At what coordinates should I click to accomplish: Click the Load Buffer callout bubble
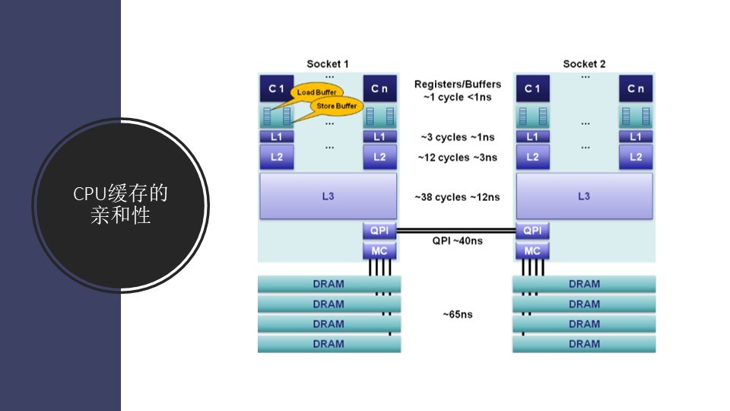(x=316, y=92)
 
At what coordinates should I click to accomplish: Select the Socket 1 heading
(x=328, y=64)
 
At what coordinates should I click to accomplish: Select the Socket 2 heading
(x=584, y=64)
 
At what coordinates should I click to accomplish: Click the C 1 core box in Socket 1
(x=276, y=88)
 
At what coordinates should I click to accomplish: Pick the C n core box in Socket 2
(x=636, y=88)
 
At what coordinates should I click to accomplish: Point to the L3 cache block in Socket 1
(x=328, y=196)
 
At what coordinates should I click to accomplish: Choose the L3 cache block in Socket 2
(x=584, y=196)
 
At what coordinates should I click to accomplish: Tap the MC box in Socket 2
(x=532, y=250)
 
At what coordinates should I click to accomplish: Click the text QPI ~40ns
(x=458, y=241)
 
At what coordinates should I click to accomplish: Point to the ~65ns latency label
(x=458, y=314)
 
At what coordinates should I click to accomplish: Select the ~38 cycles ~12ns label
(x=458, y=197)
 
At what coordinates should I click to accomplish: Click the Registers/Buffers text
(x=458, y=84)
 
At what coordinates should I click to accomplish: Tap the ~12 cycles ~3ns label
(x=458, y=158)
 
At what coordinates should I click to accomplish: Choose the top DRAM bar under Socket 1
(x=328, y=284)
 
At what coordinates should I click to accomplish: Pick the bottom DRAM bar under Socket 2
(x=584, y=344)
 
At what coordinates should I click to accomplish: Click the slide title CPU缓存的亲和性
(x=121, y=205)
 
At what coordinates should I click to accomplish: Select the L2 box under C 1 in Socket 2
(x=532, y=157)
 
